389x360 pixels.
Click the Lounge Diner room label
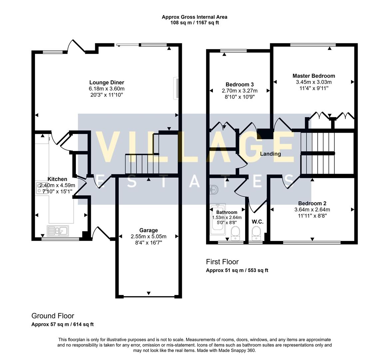pos(107,82)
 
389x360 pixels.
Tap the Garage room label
pos(149,230)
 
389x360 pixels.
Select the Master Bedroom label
pos(314,76)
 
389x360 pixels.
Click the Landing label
pos(270,154)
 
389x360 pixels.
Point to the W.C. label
pos(257,222)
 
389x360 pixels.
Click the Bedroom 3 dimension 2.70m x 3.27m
pos(240,91)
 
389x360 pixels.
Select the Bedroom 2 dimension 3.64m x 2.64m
pos(312,210)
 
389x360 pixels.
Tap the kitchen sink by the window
pos(58,230)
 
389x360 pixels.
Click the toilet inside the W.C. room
pos(256,233)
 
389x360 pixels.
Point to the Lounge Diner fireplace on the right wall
pos(176,88)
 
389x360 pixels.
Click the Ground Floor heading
pos(53,316)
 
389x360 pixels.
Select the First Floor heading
pos(222,262)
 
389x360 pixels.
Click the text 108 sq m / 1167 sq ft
pos(195,23)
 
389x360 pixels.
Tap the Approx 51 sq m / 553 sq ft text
pos(237,270)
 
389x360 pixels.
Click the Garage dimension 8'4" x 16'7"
pos(149,243)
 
